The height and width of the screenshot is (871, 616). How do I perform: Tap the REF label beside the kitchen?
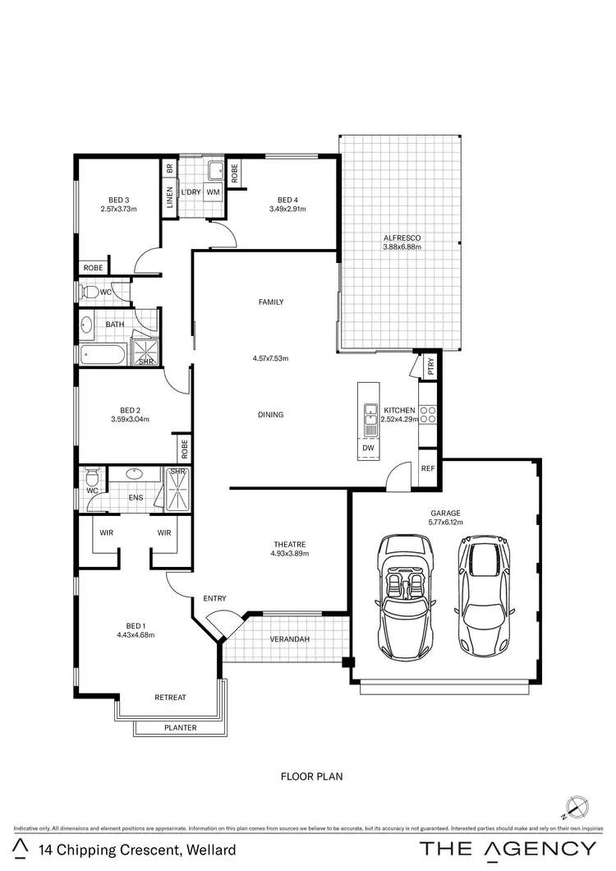(427, 468)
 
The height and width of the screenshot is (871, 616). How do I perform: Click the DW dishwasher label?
(368, 448)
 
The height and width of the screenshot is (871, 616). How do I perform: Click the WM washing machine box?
(214, 191)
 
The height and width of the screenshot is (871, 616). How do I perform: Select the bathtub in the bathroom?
(103, 355)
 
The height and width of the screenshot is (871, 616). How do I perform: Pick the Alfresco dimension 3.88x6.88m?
(402, 247)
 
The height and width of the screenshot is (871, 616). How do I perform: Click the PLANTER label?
(179, 727)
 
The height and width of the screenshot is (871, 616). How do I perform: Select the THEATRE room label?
(290, 544)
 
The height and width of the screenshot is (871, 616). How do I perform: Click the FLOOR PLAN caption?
(311, 776)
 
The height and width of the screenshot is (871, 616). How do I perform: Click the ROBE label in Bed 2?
(184, 449)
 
